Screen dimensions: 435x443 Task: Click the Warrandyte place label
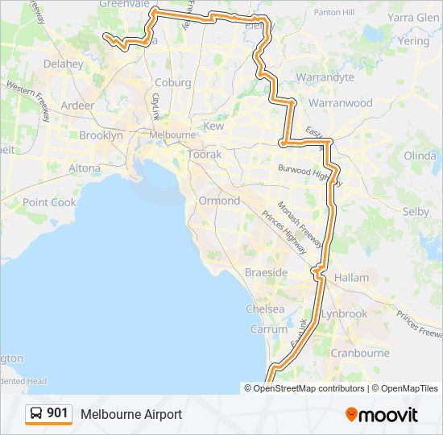[325, 77]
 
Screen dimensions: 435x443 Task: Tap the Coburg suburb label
[172, 82]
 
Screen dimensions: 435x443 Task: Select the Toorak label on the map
[203, 154]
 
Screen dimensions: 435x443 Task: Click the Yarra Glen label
[412, 17]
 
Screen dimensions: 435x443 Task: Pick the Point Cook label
[49, 202]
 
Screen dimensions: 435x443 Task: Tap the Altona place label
[85, 168]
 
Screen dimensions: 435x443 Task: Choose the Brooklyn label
[101, 135]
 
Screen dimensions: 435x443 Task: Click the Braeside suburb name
[266, 273]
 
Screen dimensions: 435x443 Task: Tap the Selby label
[416, 211]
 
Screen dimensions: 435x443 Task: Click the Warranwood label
[340, 103]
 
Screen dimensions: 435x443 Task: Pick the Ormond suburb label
[219, 201]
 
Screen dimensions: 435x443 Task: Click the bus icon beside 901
[36, 414]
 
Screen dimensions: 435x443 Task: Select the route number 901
[57, 414]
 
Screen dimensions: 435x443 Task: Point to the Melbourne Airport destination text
[130, 414]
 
